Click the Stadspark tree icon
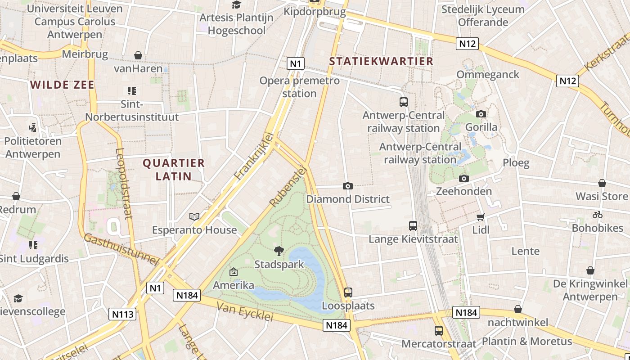click(x=279, y=251)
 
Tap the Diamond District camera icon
click(x=347, y=186)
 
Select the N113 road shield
click(x=122, y=314)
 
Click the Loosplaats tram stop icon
click(x=348, y=292)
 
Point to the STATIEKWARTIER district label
click(x=381, y=61)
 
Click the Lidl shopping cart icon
click(x=481, y=217)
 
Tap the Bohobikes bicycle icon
click(x=598, y=215)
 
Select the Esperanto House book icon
click(x=194, y=217)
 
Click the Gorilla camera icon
click(x=481, y=114)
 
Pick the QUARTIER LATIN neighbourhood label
click(x=174, y=169)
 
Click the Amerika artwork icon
click(x=233, y=272)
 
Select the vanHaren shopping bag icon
click(x=138, y=55)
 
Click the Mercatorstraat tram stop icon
click(x=438, y=331)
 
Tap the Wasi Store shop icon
click(x=602, y=183)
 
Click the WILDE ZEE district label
click(x=62, y=85)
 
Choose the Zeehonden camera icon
click(x=464, y=178)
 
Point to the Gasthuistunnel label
click(x=122, y=249)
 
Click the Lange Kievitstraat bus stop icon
click(x=413, y=226)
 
